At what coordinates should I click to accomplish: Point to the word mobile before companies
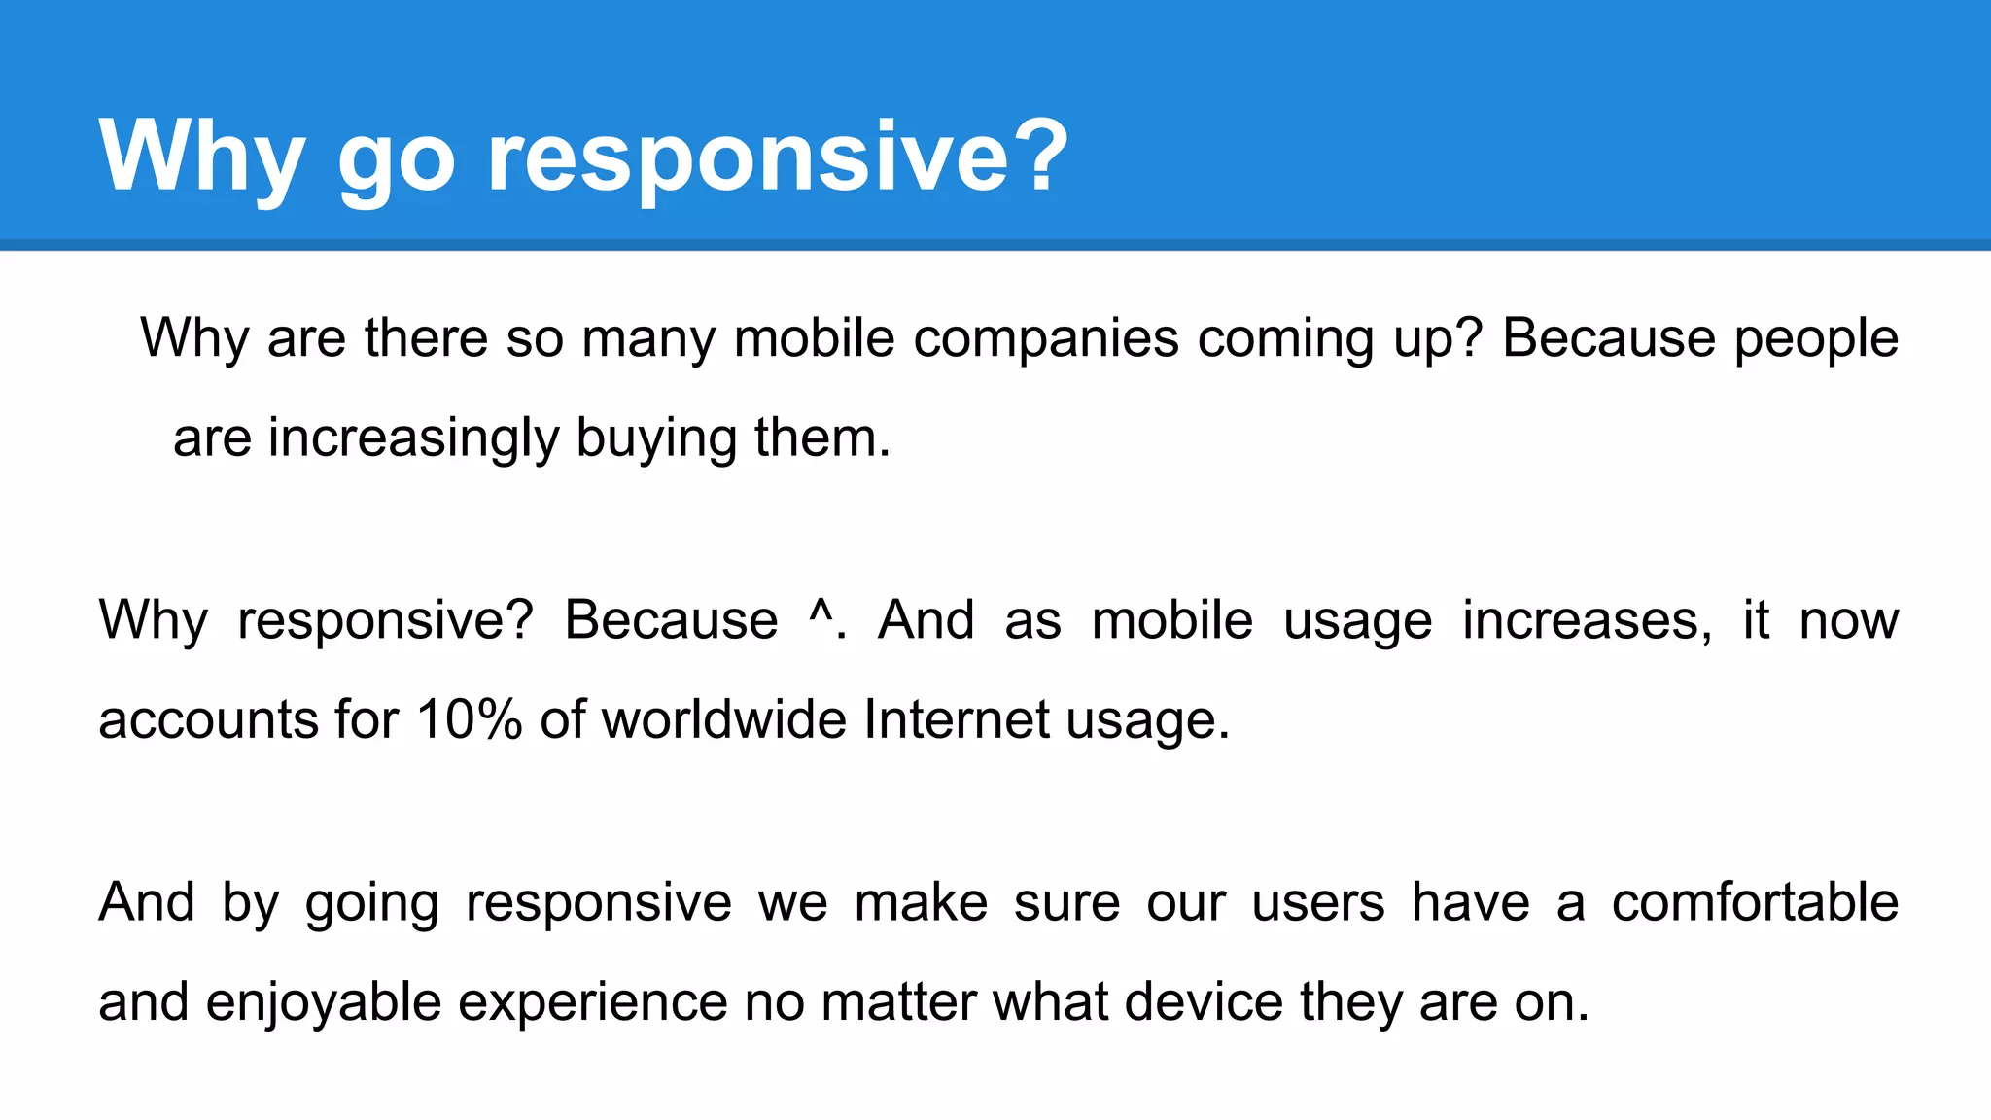814,338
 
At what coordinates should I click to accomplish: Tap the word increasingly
413,439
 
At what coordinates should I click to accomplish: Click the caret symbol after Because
821,614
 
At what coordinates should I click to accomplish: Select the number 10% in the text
470,720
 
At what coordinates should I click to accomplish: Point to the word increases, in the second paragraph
1587,622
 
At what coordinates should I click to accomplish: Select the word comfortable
1755,902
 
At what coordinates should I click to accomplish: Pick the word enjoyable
324,1003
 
